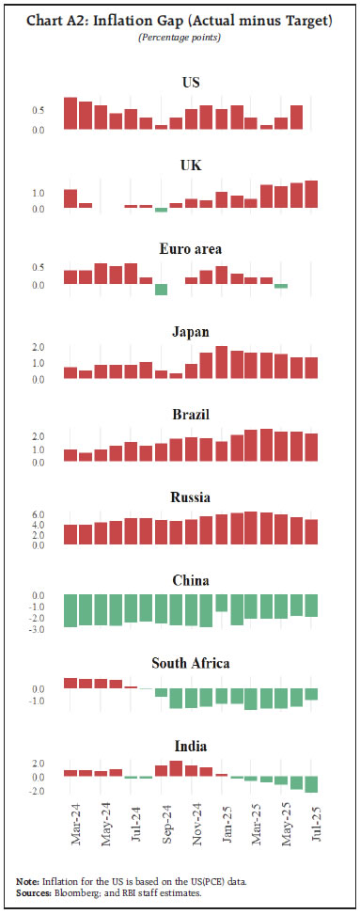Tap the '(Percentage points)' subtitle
pos(179,37)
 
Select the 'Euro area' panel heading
pos(190,249)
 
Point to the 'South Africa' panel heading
pos(190,663)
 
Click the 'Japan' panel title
pos(190,332)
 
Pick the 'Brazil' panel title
pos(190,415)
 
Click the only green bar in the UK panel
pos(161,210)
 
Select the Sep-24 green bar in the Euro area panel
pos(161,290)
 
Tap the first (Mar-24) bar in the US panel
pos(70,113)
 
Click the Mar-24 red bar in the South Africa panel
pos(70,684)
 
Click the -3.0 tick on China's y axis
pos(37,628)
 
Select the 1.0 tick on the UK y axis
pos(39,194)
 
